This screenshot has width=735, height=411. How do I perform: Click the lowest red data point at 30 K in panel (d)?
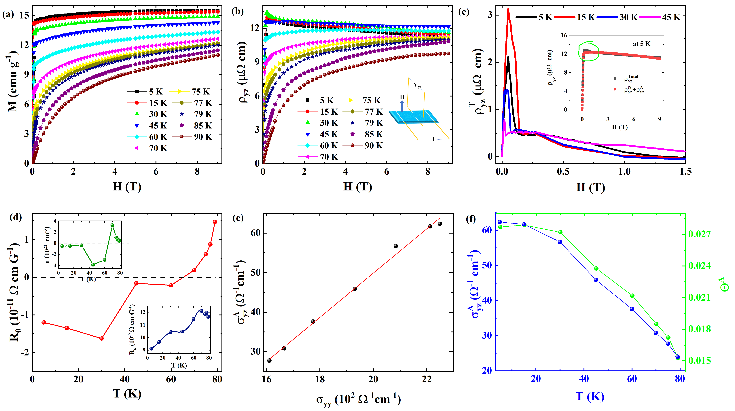click(x=101, y=338)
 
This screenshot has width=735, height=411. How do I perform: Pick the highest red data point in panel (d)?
click(x=215, y=222)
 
